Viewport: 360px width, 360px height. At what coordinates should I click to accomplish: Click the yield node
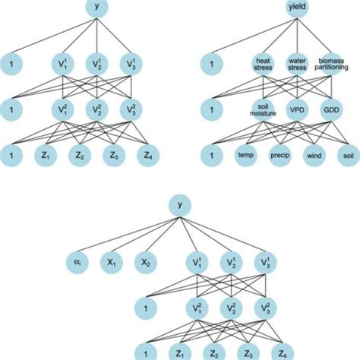point(295,8)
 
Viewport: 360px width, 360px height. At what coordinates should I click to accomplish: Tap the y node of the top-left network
point(96,8)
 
